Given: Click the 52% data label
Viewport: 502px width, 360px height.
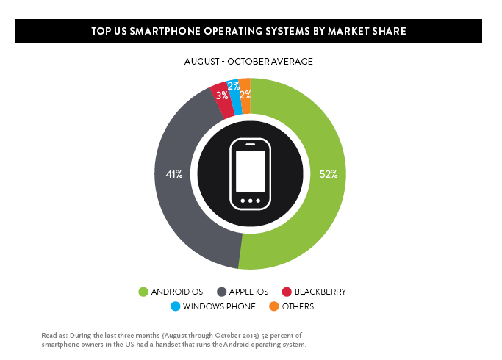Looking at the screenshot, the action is coord(329,174).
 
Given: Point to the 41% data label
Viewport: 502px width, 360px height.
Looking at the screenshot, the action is coord(174,174).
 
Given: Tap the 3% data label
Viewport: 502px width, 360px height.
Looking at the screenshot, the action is coord(222,96).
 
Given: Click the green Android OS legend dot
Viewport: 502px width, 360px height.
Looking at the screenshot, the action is coord(143,292).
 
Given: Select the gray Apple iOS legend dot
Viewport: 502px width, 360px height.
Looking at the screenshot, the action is coord(221,292).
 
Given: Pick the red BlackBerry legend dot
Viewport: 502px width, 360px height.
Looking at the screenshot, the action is coord(287,292).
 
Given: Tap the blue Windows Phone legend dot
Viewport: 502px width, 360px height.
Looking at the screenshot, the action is coord(176,306).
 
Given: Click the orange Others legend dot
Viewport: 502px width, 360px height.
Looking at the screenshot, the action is coord(274,306).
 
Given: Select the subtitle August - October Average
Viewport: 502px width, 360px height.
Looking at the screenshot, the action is coord(248,62).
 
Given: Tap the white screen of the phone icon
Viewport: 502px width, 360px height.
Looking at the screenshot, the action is coord(250,171).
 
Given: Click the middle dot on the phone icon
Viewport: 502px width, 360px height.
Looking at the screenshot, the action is coord(251,201).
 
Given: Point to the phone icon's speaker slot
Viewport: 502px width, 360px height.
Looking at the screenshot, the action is coord(251,144).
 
